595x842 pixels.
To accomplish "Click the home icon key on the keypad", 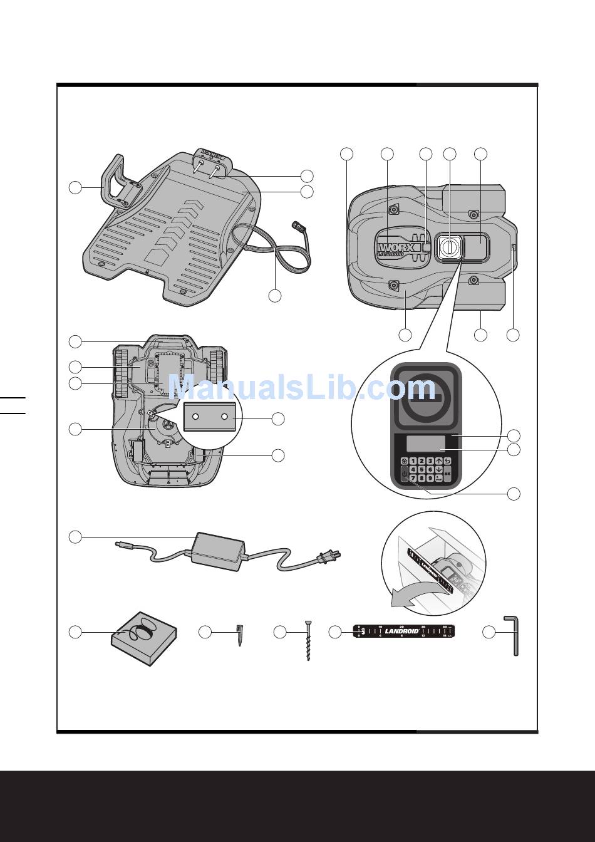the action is click(x=405, y=461).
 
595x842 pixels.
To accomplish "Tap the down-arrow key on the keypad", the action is click(x=438, y=469).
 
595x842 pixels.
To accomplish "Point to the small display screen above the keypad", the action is click(x=425, y=444).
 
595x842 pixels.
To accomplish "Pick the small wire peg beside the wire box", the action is click(x=239, y=634).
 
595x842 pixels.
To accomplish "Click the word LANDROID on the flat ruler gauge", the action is click(x=401, y=631).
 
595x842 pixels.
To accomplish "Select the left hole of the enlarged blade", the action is click(x=196, y=417).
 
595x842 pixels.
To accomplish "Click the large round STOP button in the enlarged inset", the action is click(x=424, y=397).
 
